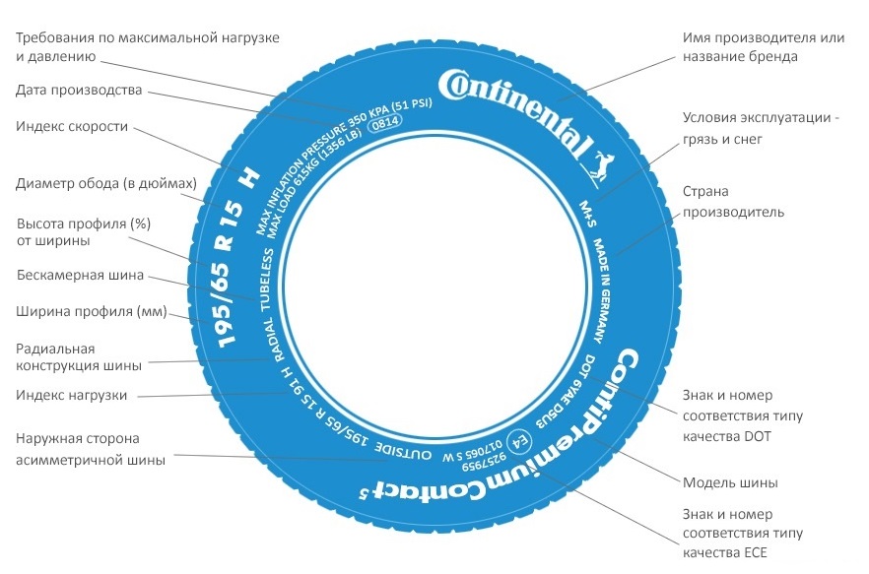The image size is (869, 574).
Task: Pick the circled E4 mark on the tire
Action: tap(512, 441)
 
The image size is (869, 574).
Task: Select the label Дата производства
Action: tap(79, 90)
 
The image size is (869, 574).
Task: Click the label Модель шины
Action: tap(730, 482)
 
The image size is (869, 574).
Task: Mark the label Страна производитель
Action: tap(733, 202)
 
